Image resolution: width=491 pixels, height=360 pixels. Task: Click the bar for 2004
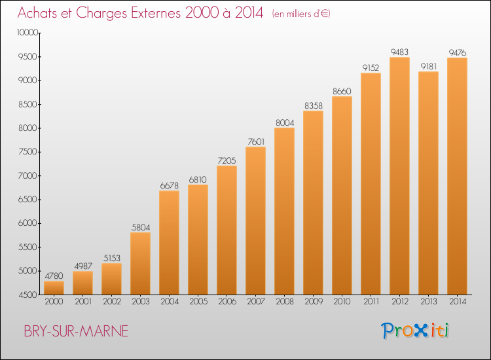[169, 243]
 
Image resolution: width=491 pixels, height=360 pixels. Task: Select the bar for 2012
[399, 176]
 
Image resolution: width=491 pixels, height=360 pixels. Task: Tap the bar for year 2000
[54, 288]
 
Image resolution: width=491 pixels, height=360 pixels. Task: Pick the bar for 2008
[284, 211]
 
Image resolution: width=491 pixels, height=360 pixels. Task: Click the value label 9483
[399, 52]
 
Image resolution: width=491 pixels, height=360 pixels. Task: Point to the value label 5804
[141, 227]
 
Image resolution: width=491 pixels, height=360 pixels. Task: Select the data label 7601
[256, 142]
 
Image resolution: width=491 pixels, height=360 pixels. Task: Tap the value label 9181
[428, 66]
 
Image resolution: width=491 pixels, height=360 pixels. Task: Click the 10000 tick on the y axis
[28, 33]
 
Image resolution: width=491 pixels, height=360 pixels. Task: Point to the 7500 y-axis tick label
[28, 152]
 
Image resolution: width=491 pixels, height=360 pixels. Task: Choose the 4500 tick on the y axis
[28, 295]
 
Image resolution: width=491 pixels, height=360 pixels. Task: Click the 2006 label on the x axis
[227, 302]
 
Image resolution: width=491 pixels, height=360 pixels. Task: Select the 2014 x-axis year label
[458, 302]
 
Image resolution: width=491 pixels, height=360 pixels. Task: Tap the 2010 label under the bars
[342, 302]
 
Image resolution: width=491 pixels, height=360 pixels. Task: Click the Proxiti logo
[414, 331]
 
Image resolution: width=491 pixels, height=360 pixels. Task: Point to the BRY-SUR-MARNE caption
[76, 331]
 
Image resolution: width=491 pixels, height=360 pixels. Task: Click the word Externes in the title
[156, 13]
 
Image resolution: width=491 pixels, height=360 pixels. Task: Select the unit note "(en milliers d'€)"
[301, 14]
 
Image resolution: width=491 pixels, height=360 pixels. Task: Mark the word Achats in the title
[37, 13]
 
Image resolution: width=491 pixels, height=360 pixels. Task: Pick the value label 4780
[54, 276]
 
